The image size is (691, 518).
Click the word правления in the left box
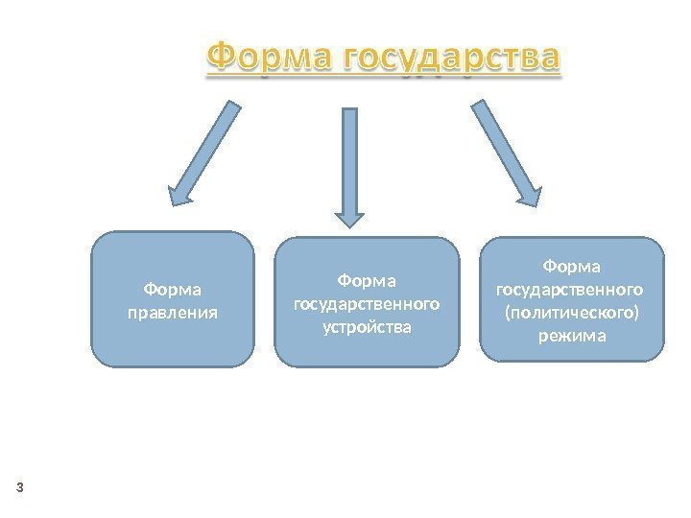click(173, 313)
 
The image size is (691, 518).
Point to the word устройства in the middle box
click(366, 327)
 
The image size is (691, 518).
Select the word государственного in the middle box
click(366, 304)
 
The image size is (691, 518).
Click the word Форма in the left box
click(173, 289)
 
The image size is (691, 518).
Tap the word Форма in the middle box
click(366, 280)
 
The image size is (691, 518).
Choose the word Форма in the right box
click(572, 264)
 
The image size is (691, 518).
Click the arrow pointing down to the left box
click(205, 153)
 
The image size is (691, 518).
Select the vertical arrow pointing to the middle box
click(350, 163)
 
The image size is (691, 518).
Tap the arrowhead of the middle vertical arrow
click(350, 216)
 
